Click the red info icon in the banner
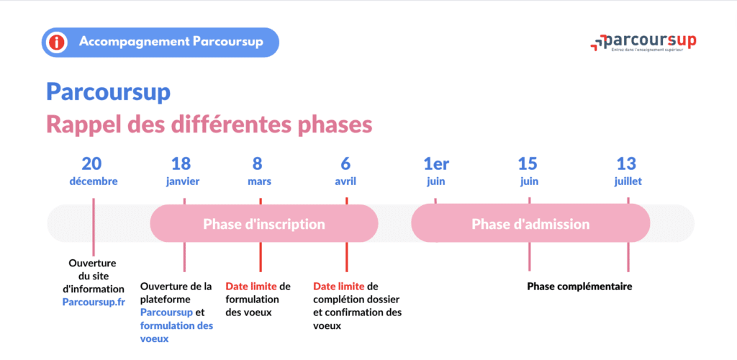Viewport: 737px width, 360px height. coord(56,42)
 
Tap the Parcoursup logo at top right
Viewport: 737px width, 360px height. coord(643,42)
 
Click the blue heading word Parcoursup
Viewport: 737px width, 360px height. coord(108,92)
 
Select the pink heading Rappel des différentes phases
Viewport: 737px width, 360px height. coord(209,124)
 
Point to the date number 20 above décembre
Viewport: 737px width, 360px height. coord(93,163)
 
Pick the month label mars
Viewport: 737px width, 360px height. coord(260,181)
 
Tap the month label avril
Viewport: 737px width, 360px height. coord(345,181)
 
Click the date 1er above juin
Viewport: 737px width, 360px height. coord(436,163)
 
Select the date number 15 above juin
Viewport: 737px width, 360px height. coord(528,163)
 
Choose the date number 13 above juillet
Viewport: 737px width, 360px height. coord(627,163)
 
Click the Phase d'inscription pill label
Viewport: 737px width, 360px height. coord(263,224)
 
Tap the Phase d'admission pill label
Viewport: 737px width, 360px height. coord(530,224)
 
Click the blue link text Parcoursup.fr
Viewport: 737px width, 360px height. coord(93,302)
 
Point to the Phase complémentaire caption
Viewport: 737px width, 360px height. coord(579,287)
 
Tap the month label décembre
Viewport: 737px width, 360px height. coord(93,181)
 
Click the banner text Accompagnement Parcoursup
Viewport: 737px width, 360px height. coord(171,42)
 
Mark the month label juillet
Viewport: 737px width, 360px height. coord(627,181)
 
